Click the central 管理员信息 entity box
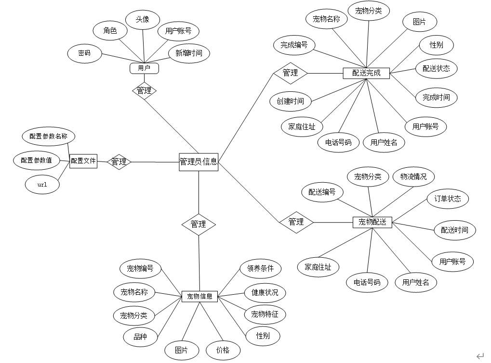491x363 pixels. [x=198, y=162]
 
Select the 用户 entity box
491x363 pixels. [x=144, y=68]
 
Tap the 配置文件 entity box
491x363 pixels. [x=83, y=162]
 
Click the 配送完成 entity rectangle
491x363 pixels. [x=366, y=73]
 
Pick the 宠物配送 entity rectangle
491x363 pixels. [x=372, y=222]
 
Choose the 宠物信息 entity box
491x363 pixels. [x=199, y=296]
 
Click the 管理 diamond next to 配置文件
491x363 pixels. [x=119, y=162]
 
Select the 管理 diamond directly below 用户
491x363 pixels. [x=144, y=90]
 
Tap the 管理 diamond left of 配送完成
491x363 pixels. [x=290, y=73]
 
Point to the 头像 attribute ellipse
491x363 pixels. [x=142, y=19]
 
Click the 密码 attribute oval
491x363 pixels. [x=84, y=53]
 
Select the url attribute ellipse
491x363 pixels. [x=42, y=185]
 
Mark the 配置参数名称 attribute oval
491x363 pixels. [x=48, y=136]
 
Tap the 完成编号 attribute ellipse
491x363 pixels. [x=294, y=45]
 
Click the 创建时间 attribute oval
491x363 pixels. [x=290, y=101]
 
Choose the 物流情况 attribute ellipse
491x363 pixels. [x=413, y=176]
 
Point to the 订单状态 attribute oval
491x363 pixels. [x=448, y=199]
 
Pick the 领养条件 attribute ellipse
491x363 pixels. [x=260, y=268]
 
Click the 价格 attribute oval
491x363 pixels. [x=223, y=350]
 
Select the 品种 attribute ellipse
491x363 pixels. [x=140, y=337]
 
